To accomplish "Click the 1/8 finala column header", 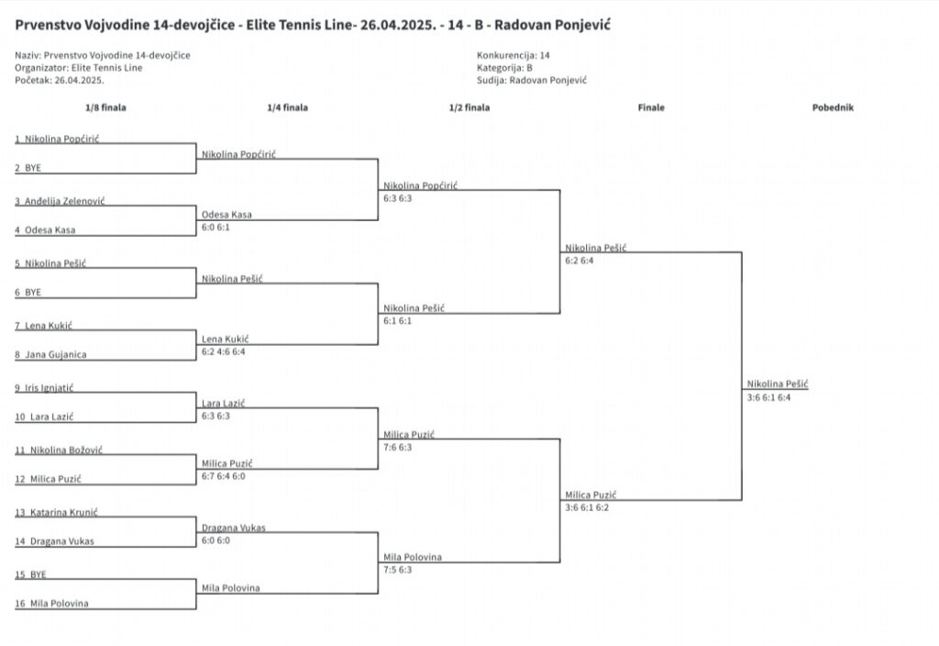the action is [x=105, y=108].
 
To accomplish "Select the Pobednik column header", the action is [x=833, y=108].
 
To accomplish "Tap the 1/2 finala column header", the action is [x=469, y=108].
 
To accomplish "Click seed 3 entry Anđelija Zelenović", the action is [x=60, y=201].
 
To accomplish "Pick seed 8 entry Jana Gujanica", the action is [x=51, y=355].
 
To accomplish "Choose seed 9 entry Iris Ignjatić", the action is [x=44, y=388].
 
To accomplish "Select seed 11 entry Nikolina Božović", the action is [x=59, y=450].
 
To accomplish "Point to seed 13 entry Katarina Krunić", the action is [x=56, y=512].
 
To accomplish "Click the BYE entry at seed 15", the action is [x=30, y=574].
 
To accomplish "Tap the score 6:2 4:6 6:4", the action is [x=224, y=351].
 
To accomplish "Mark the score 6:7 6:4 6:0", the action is [x=224, y=476].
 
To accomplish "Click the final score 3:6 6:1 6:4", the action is [x=769, y=397].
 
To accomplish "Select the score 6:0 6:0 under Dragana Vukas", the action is [x=215, y=540].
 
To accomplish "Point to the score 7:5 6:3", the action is [x=398, y=570].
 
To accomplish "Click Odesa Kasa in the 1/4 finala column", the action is [x=227, y=215].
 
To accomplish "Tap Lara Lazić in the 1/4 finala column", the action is [x=224, y=404].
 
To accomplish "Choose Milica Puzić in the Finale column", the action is [x=591, y=495].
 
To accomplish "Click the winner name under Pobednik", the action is [x=778, y=384].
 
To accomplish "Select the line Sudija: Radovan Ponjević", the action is [x=532, y=81].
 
